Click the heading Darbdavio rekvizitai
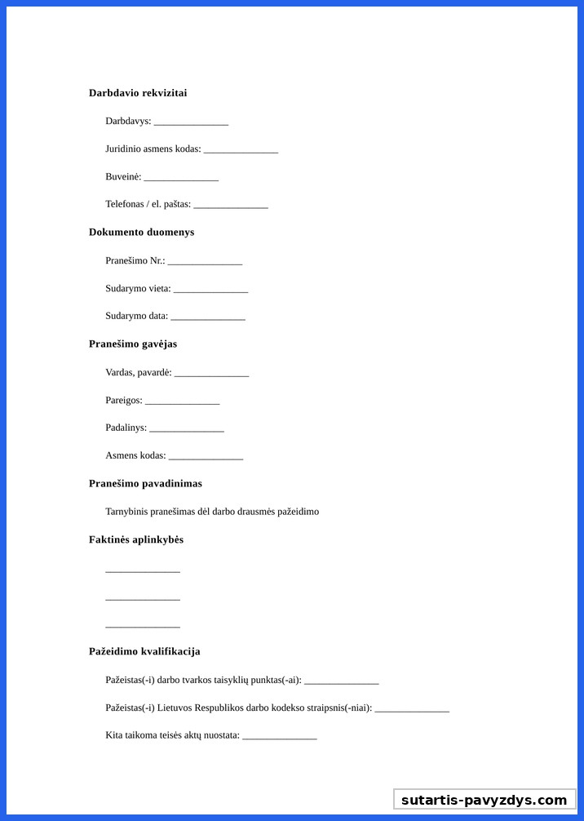tap(138, 93)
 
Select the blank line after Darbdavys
tap(191, 122)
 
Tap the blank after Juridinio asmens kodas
tap(241, 150)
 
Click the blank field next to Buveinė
tap(181, 178)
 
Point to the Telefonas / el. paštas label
tap(148, 204)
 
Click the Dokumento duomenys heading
tap(141, 233)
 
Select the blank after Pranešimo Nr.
tap(205, 262)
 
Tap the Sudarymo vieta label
tap(138, 289)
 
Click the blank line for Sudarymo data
tap(208, 317)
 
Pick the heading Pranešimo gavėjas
tap(133, 344)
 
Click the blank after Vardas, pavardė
tap(211, 374)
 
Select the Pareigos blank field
tap(182, 402)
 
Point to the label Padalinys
tap(126, 428)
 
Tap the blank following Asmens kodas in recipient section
tap(206, 457)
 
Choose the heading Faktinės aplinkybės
tap(136, 540)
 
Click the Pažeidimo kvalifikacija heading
tap(144, 652)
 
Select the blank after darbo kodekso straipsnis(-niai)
tap(412, 709)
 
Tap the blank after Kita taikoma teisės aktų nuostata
tap(279, 737)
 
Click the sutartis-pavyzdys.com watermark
tap(484, 800)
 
